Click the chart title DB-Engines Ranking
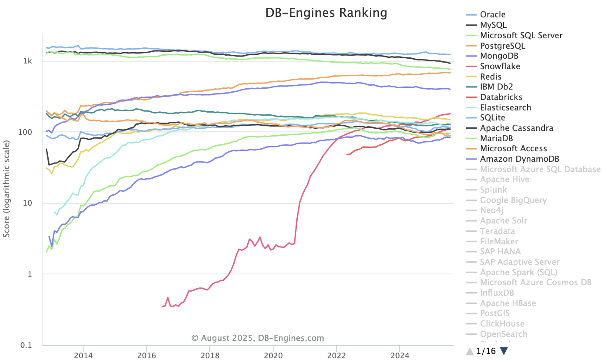[326, 13]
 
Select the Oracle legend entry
[493, 15]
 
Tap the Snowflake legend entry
[500, 67]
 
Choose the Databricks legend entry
[501, 97]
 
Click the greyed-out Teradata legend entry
[497, 231]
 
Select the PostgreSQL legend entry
[502, 46]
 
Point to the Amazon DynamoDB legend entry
[519, 159]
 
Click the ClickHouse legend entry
[502, 323]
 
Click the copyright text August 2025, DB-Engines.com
[258, 338]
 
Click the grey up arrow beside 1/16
[470, 351]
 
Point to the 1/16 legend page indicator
[486, 351]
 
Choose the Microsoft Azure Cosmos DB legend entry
[536, 283]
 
